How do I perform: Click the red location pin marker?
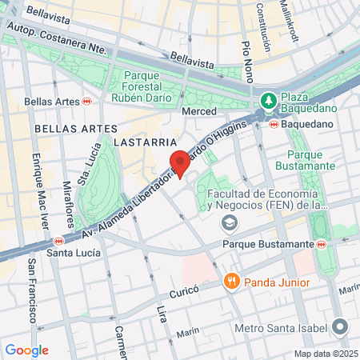point(180,163)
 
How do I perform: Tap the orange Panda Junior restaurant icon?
point(232,280)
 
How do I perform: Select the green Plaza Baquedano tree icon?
point(269,101)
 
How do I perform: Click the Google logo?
point(26,350)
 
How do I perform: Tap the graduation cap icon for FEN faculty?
point(230,222)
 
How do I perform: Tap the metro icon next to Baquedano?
point(274,124)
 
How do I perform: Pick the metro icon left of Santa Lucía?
point(58,241)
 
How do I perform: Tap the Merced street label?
point(199,112)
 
